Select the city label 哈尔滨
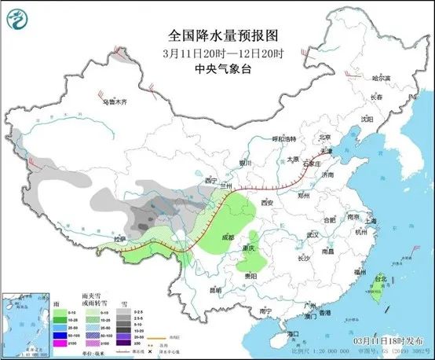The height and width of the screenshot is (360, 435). (381, 79)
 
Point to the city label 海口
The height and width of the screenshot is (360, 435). (294, 334)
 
